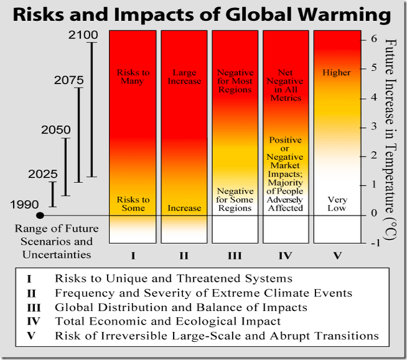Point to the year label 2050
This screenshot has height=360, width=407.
click(56, 130)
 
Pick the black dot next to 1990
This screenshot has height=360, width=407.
click(40, 215)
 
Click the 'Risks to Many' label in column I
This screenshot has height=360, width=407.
click(133, 77)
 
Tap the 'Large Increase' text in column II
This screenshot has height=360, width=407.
click(184, 77)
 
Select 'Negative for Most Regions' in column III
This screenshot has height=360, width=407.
click(235, 81)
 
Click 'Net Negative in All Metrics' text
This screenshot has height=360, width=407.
click(285, 86)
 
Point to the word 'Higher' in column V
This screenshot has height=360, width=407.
click(337, 72)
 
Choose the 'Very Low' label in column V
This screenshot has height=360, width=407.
click(337, 204)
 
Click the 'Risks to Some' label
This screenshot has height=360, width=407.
click(133, 204)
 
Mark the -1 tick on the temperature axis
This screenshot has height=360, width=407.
click(372, 243)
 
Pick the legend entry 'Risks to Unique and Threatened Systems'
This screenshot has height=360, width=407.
click(173, 279)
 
